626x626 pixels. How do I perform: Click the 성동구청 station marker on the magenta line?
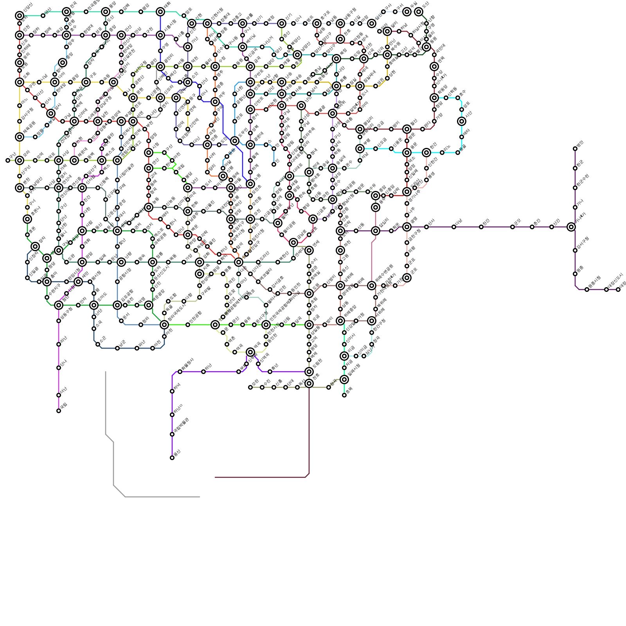(59, 321)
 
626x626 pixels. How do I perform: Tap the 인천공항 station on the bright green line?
(188, 325)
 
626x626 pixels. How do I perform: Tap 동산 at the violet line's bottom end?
(172, 458)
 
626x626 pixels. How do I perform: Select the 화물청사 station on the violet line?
(180, 372)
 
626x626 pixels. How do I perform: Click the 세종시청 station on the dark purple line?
(587, 290)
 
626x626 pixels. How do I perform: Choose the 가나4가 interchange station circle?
(571, 227)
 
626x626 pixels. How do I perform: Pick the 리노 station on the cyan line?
(442, 153)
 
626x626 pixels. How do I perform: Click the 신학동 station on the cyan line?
(446, 98)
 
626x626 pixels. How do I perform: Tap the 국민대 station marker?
(434, 55)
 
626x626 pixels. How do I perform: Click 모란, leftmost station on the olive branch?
(250, 387)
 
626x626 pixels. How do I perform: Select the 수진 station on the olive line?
(262, 387)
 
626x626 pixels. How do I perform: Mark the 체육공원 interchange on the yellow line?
(20, 137)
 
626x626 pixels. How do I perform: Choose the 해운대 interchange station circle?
(74, 160)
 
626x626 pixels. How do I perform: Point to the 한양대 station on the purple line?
(82, 35)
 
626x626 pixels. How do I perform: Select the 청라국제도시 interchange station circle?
(164, 325)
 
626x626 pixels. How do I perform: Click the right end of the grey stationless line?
(200, 497)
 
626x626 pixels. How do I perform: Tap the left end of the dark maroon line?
(215, 477)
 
